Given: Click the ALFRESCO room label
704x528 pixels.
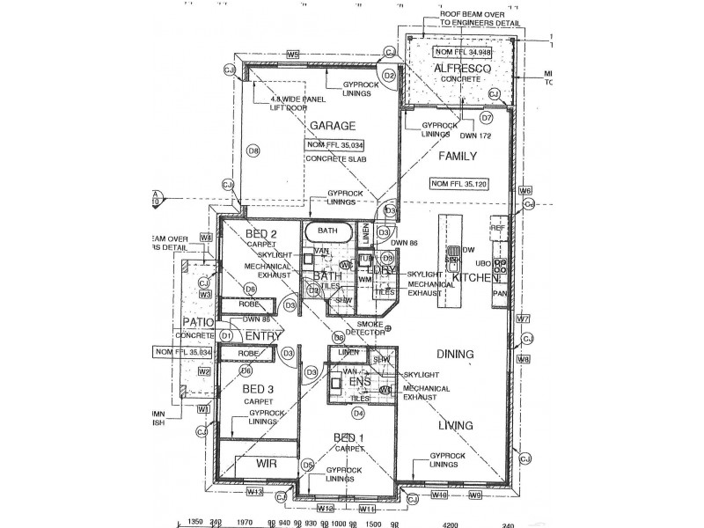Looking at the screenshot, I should click(457, 65).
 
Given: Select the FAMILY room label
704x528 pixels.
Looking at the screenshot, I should click(458, 157).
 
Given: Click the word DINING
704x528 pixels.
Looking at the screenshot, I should click(455, 355).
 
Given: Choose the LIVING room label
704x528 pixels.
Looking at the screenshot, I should click(455, 426).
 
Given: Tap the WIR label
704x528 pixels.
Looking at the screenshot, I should click(267, 462).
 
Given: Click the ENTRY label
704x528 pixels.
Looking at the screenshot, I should click(262, 336).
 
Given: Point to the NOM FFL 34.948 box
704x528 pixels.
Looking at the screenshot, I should click(458, 51).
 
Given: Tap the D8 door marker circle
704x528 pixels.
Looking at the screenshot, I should click(254, 151).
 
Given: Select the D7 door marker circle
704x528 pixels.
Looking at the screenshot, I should click(486, 117).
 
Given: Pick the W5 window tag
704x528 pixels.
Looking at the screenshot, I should click(292, 55).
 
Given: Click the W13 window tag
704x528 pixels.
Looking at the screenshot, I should click(255, 491).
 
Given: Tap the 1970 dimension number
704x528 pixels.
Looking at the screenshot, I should click(246, 522).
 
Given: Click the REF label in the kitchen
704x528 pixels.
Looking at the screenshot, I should click(497, 227).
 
